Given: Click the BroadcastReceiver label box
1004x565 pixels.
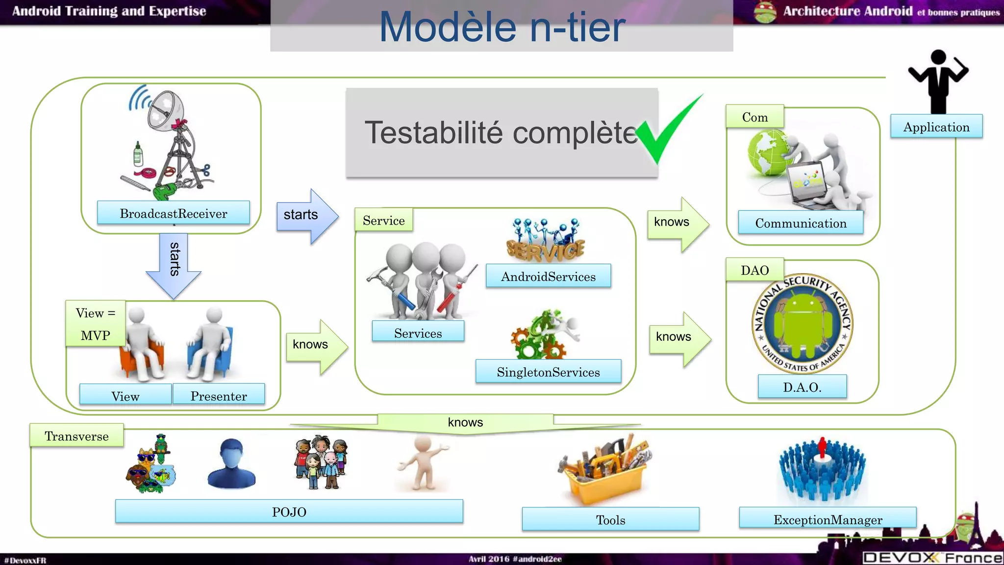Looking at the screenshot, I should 173,213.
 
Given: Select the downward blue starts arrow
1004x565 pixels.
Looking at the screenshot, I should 174,265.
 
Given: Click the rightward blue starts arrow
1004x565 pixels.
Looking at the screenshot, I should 307,215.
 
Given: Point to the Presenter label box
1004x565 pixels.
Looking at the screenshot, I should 219,395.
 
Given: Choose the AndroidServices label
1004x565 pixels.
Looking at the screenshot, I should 548,277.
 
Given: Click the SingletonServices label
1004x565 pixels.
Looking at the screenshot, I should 548,372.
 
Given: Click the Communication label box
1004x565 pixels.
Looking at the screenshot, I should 801,223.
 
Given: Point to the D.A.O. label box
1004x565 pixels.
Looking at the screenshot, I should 802,387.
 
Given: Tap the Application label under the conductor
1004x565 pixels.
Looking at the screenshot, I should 936,127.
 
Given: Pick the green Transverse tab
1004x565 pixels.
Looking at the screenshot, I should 76,436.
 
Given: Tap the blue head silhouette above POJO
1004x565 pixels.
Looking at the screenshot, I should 231,464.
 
